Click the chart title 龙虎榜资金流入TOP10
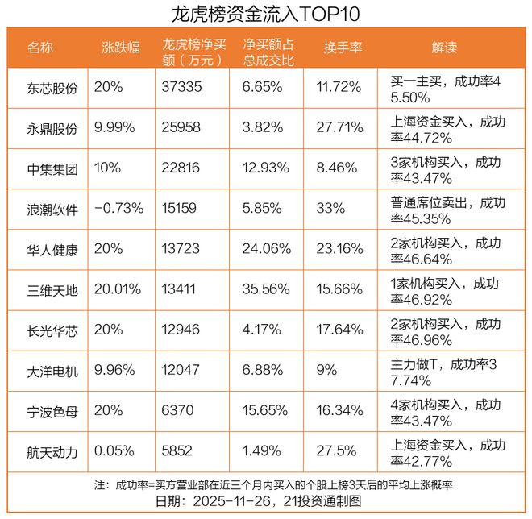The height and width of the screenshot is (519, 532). (x=266, y=14)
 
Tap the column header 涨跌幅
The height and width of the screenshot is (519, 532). (x=120, y=48)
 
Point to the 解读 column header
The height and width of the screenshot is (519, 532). (x=443, y=48)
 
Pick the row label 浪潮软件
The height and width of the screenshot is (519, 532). (x=52, y=209)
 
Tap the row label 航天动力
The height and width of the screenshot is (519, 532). (x=52, y=452)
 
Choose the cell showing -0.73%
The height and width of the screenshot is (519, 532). (x=119, y=209)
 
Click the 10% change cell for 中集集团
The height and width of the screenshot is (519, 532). (x=107, y=168)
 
